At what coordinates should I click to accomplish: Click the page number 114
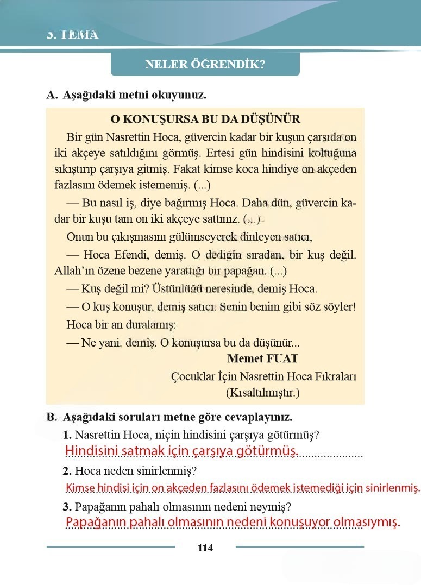click(205, 548)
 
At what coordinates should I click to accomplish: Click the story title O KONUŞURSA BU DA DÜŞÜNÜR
click(205, 119)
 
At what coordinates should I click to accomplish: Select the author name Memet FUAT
click(262, 358)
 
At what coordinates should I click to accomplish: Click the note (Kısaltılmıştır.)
click(262, 392)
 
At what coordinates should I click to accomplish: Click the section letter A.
click(52, 95)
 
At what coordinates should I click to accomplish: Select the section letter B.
click(52, 418)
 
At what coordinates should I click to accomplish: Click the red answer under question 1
click(181, 451)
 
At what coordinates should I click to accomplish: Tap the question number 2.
click(67, 470)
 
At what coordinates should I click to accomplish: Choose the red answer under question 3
click(233, 522)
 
